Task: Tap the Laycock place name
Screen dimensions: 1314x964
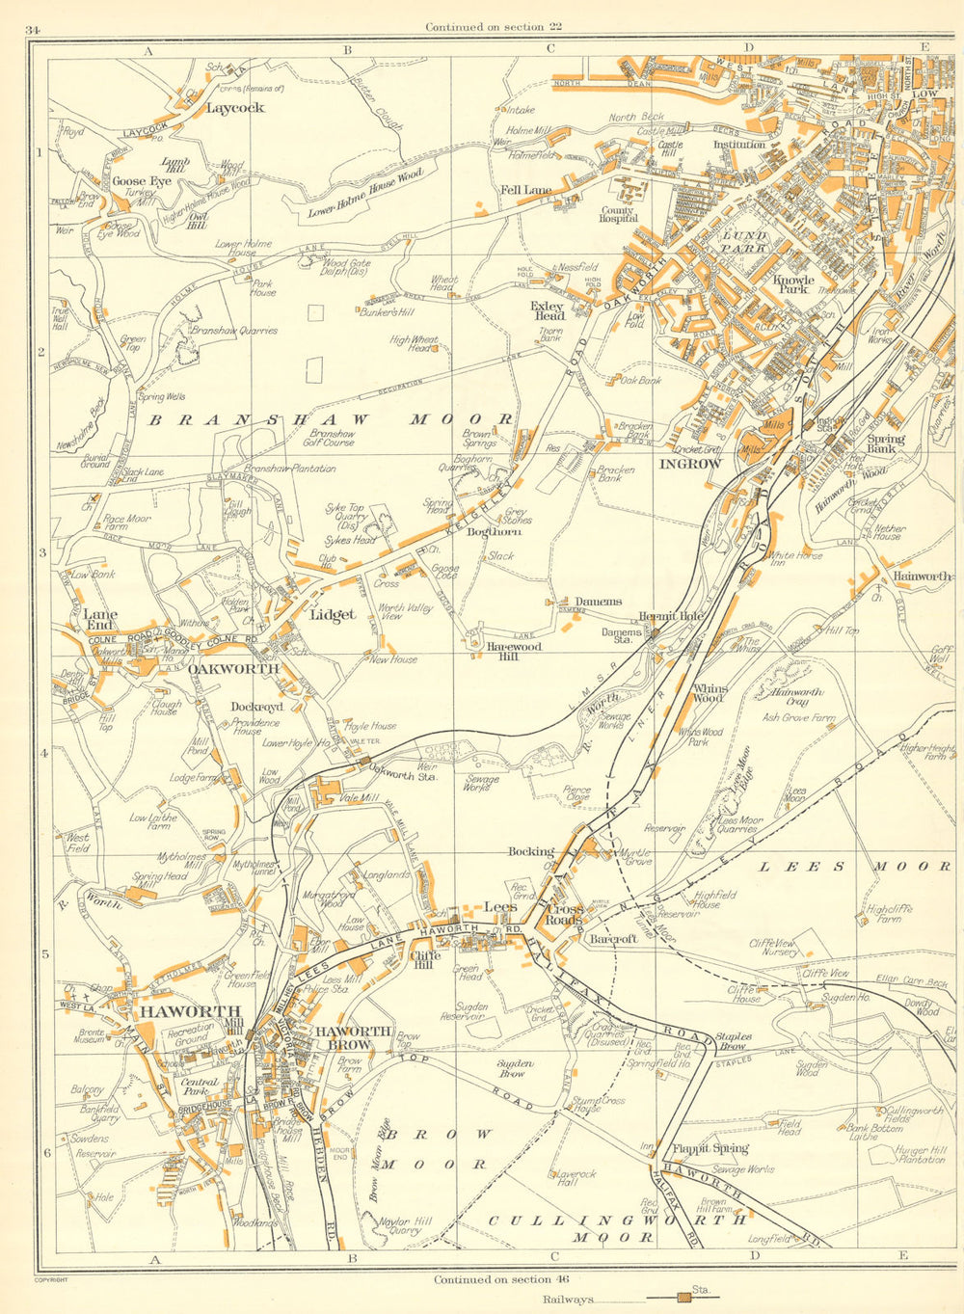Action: (234, 108)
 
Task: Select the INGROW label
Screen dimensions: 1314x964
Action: (689, 464)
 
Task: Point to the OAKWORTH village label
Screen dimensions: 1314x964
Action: (233, 668)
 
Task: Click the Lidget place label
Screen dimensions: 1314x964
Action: (333, 614)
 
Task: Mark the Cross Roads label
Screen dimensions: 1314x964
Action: (565, 913)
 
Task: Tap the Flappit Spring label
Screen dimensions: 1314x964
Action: (710, 1148)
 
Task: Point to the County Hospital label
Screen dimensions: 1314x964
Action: (618, 214)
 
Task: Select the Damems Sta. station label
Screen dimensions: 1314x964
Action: (648, 635)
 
